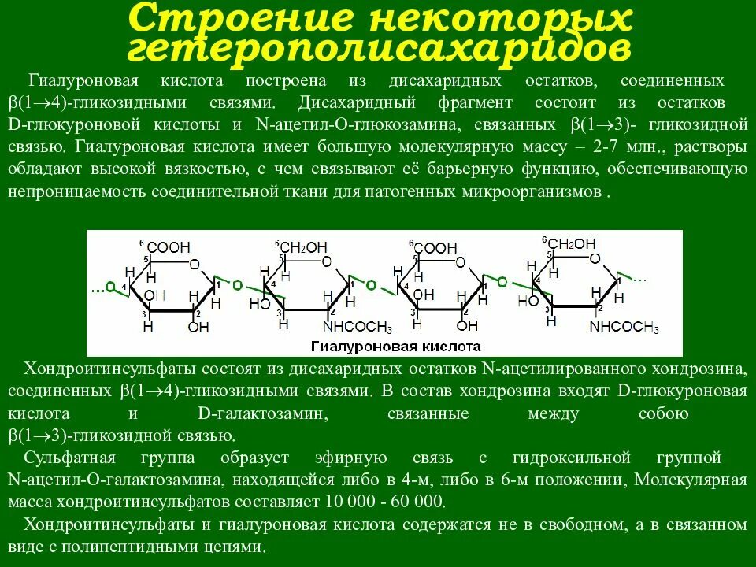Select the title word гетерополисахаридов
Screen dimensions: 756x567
click(378, 49)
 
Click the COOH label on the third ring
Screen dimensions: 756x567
click(435, 248)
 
